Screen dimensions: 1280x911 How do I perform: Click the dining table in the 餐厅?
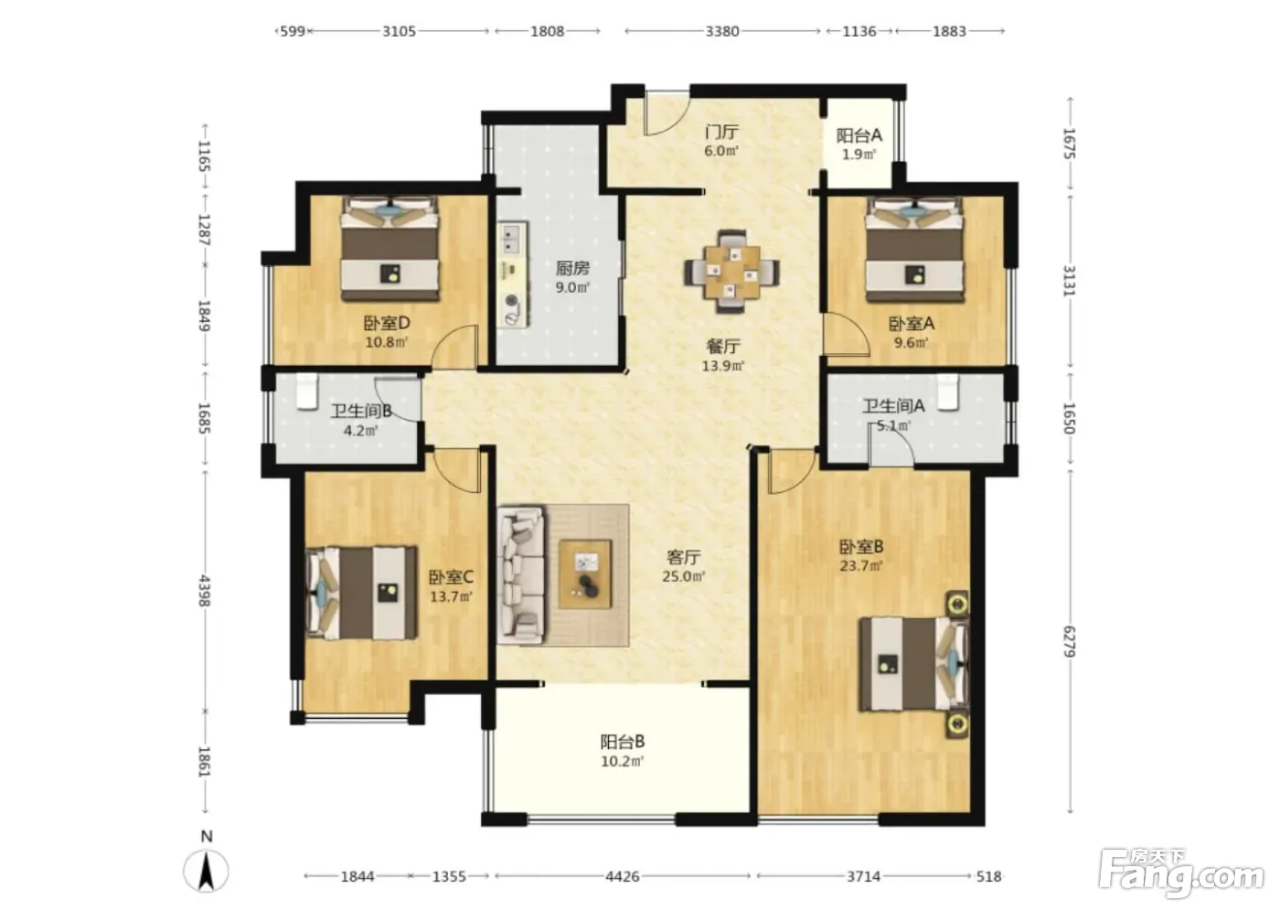coord(732,272)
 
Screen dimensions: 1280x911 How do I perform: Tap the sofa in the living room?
coord(521,575)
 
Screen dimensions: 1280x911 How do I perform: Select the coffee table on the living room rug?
coord(586,573)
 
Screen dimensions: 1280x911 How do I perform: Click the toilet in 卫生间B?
coord(307,391)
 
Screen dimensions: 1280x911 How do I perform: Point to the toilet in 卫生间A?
coord(949,391)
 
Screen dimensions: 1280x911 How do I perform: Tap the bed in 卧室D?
coord(390,249)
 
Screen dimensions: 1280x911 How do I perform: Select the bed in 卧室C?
coord(361,594)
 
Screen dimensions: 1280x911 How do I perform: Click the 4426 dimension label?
coord(623,876)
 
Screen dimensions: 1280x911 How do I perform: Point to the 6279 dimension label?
coord(1069,642)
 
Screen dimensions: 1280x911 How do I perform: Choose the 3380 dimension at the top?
coord(722,31)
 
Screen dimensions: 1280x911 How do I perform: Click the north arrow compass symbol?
coord(207,872)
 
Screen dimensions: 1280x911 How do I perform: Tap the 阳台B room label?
coord(623,742)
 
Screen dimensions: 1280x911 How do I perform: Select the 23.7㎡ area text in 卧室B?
coord(860,566)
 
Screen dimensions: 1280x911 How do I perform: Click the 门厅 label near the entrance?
coord(721,132)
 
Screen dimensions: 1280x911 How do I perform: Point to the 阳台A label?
coord(859,135)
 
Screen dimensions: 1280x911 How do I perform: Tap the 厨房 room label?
coord(572,268)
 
